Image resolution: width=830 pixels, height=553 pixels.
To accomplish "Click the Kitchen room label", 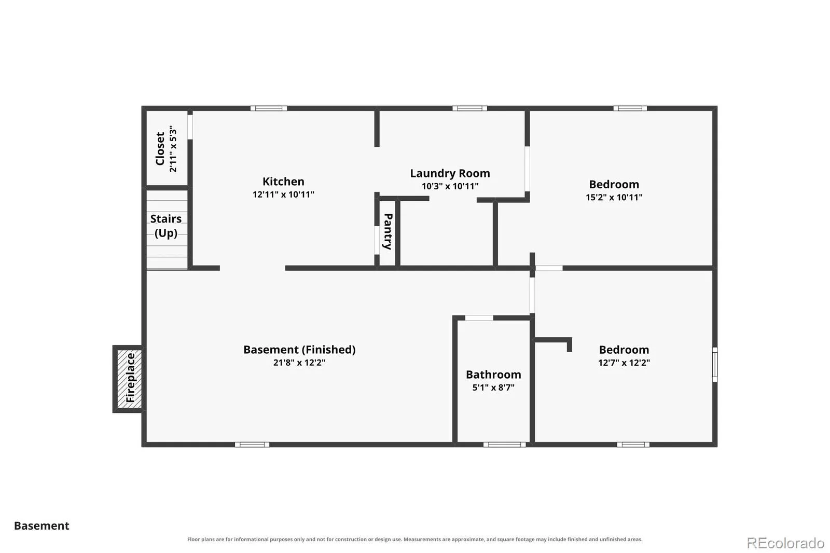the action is point(283,182).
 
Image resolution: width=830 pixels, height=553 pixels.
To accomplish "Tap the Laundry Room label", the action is point(450,173).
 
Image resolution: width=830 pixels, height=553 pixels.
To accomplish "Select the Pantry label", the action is point(388,231).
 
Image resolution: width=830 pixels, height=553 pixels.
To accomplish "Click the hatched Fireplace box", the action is point(130,378).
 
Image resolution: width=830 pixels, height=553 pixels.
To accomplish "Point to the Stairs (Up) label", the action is point(165,226).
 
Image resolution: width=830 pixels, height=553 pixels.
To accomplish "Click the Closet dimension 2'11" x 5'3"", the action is point(173,149).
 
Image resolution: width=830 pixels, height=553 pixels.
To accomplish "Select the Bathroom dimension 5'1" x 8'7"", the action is point(493,388).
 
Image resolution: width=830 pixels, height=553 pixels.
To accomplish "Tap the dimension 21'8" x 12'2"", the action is point(299,363).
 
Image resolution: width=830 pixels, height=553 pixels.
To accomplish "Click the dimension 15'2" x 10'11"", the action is point(614,197).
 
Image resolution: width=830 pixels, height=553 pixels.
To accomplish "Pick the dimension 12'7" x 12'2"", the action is point(624,363).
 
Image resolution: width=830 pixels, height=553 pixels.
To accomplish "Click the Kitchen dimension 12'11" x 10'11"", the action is point(283,194).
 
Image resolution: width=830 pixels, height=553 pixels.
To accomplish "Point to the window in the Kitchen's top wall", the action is point(269,108).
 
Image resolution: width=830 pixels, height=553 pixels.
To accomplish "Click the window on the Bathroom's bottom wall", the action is point(504,445).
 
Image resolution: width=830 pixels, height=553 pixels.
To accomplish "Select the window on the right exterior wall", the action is point(715,364).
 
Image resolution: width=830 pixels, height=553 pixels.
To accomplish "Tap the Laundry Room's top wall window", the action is point(469,108).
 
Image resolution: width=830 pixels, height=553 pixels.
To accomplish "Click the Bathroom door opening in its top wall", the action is point(479,318).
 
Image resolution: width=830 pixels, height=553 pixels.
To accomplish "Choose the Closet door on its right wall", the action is point(190,127).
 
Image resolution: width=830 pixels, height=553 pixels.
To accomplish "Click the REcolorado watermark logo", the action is point(785,543).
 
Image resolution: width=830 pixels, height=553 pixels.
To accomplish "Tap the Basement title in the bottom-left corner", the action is point(41,526).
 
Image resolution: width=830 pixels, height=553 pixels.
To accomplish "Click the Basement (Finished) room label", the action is point(299,350).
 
